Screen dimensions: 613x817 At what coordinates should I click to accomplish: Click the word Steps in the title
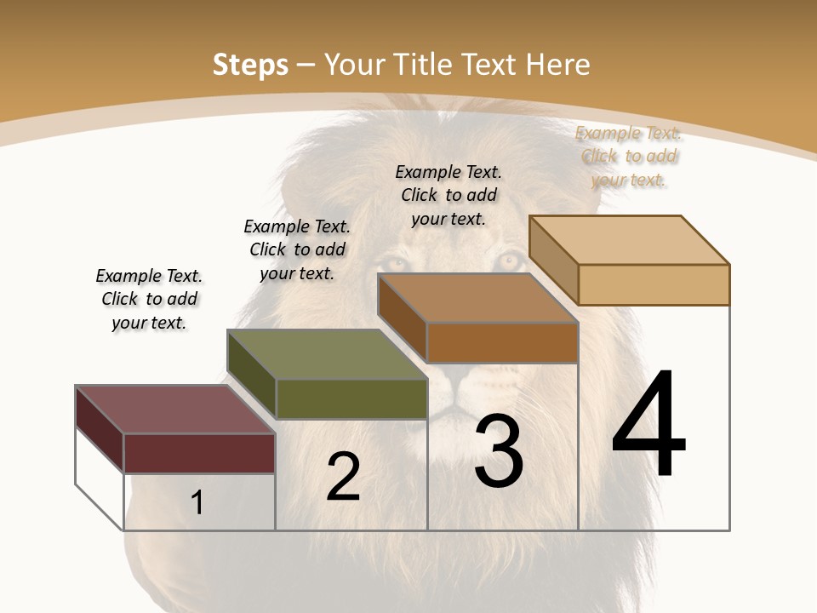(x=250, y=65)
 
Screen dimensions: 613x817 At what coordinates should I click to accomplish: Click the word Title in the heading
(x=421, y=65)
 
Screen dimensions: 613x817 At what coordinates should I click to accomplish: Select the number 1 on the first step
(x=197, y=503)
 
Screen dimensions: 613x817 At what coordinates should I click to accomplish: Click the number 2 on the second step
(x=343, y=477)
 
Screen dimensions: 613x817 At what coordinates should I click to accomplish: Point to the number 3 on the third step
(x=499, y=451)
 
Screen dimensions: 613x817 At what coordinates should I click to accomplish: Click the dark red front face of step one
(x=199, y=453)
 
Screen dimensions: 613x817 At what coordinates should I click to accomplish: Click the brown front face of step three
(x=502, y=342)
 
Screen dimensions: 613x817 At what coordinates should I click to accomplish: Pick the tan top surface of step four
(x=630, y=239)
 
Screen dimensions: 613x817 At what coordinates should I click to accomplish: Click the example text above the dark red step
(x=149, y=299)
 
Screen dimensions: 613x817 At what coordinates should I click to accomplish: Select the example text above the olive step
(x=297, y=249)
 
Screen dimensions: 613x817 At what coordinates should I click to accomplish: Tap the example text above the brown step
(x=448, y=195)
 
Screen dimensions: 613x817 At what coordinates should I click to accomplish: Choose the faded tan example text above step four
(x=628, y=156)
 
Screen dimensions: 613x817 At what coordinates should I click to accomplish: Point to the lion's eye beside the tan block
(x=509, y=261)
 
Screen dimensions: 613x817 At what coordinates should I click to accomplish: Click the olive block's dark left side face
(x=252, y=375)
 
